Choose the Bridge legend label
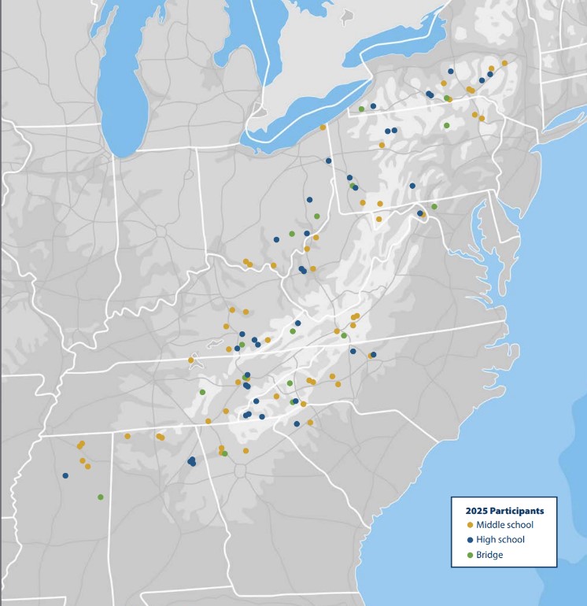(489, 555)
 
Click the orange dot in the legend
(470, 525)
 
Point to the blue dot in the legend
(470, 540)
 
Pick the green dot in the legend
(470, 555)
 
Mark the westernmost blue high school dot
(65, 475)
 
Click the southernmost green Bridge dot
(100, 497)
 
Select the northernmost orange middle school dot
(504, 63)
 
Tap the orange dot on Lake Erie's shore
(323, 127)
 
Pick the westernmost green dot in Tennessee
(202, 392)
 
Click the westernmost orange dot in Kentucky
(190, 360)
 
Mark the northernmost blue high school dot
(451, 71)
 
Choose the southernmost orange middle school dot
(87, 466)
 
